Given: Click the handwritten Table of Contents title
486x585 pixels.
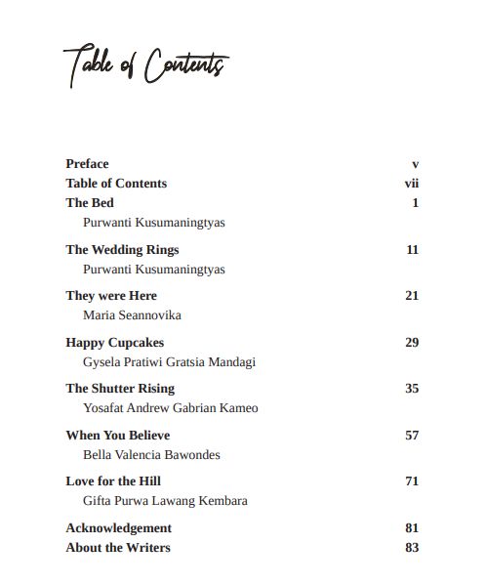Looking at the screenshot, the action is coord(145,68).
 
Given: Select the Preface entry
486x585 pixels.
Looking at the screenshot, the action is coord(87,164).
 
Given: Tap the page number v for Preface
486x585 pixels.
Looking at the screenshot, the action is coord(415,164).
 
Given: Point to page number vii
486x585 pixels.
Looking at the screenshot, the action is coord(411,184).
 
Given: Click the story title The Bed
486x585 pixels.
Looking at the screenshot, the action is coord(90,203).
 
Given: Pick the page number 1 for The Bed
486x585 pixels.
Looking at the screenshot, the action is coord(415,203).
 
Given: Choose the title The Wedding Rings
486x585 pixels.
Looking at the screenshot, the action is coord(122,250).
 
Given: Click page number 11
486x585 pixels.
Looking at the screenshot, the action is coord(412,250).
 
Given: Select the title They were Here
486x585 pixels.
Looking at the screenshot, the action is coord(111,296).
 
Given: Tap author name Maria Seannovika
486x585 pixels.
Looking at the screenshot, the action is coord(132,315).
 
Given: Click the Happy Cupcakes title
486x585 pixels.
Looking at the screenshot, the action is coord(114,343).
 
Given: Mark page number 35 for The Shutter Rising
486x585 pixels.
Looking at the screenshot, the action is coord(412,389).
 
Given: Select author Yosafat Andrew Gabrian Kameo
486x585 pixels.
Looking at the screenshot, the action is coord(171,408).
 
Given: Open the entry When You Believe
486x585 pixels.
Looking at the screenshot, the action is coord(117,436).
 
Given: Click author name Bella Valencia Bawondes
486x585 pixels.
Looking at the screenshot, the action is coord(151,455).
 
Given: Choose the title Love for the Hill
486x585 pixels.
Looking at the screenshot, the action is coord(113,481).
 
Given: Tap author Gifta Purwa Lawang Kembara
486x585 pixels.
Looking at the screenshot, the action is coord(165,501).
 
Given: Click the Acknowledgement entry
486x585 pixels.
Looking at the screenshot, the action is coord(118,528).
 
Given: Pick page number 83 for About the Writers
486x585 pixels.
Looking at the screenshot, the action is coord(412,548).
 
